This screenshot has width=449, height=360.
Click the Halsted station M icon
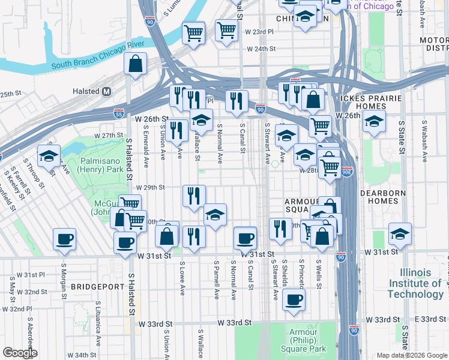click(107, 91)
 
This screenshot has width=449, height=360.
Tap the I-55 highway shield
click(119, 112)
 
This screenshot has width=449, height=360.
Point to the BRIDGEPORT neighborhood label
click(98, 287)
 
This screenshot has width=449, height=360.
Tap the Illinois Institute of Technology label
click(415, 283)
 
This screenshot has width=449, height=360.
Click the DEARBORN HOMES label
click(384, 197)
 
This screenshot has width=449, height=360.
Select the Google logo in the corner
click(19, 352)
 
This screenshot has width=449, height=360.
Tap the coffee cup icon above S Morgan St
click(64, 239)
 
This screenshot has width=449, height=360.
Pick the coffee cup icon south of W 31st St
click(292, 300)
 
